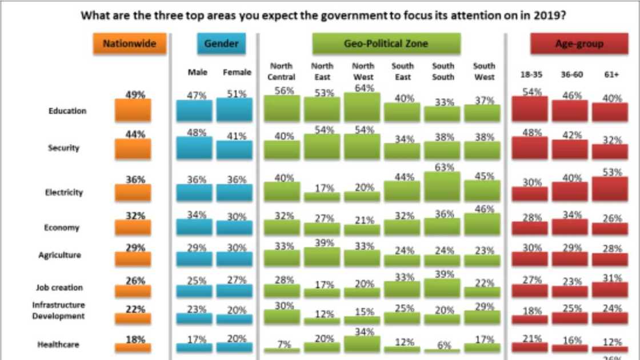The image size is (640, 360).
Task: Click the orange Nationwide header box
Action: (129, 44)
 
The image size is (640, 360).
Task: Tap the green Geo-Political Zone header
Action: (386, 44)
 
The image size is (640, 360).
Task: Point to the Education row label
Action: (67, 111)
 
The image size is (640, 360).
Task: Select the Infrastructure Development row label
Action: (58, 310)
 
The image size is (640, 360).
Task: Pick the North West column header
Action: (363, 71)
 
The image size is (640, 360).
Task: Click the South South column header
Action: (443, 71)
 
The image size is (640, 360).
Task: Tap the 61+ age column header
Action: (610, 74)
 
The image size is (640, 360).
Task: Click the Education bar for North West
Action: (362, 107)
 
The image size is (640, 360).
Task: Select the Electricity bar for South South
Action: (442, 187)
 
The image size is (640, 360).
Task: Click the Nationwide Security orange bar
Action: (133, 149)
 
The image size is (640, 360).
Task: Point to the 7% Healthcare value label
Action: (284, 344)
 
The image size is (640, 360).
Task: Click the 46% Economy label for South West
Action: (484, 209)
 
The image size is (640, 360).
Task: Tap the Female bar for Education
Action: (234, 110)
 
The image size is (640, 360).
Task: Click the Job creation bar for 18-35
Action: (529, 291)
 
